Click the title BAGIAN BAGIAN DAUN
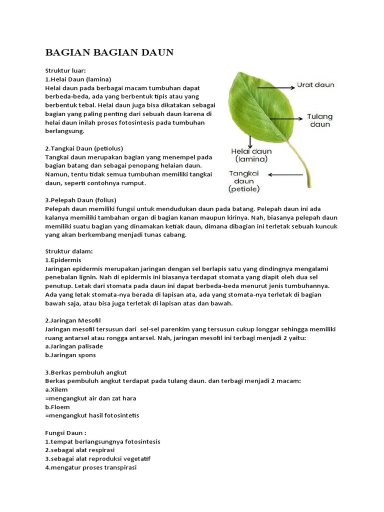pos(109,52)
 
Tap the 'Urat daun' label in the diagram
pos(316,85)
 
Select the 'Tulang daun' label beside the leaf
pos(319,120)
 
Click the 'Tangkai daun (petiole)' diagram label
pos(244,181)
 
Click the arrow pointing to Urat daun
pos(275,85)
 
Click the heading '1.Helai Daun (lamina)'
pos(78,79)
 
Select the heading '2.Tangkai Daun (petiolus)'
pos(84,148)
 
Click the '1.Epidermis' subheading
pos(63,260)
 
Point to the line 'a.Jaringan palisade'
pos(74,346)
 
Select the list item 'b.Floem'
pos(57,406)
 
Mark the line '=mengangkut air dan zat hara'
pos(90,398)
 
